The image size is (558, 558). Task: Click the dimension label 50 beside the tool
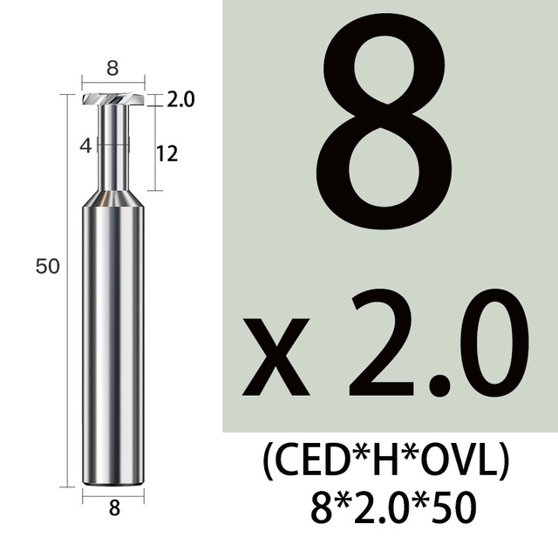tap(47, 266)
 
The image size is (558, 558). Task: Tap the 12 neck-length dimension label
tap(167, 154)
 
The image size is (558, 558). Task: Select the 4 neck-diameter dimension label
tap(85, 146)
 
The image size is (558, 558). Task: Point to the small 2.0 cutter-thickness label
tap(180, 99)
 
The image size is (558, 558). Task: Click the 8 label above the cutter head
tap(112, 68)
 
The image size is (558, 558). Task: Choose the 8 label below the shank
tap(114, 508)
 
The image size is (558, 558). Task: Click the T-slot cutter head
tap(113, 99)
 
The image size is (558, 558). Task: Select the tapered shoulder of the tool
tap(113, 199)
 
